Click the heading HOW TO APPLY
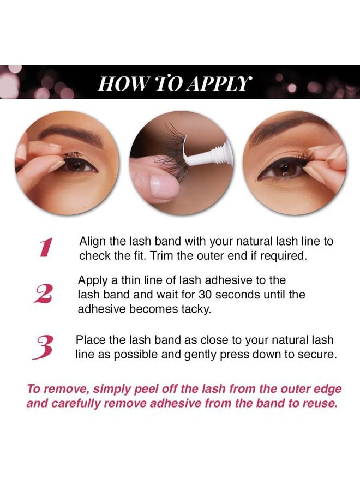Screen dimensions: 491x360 coord(175,83)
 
